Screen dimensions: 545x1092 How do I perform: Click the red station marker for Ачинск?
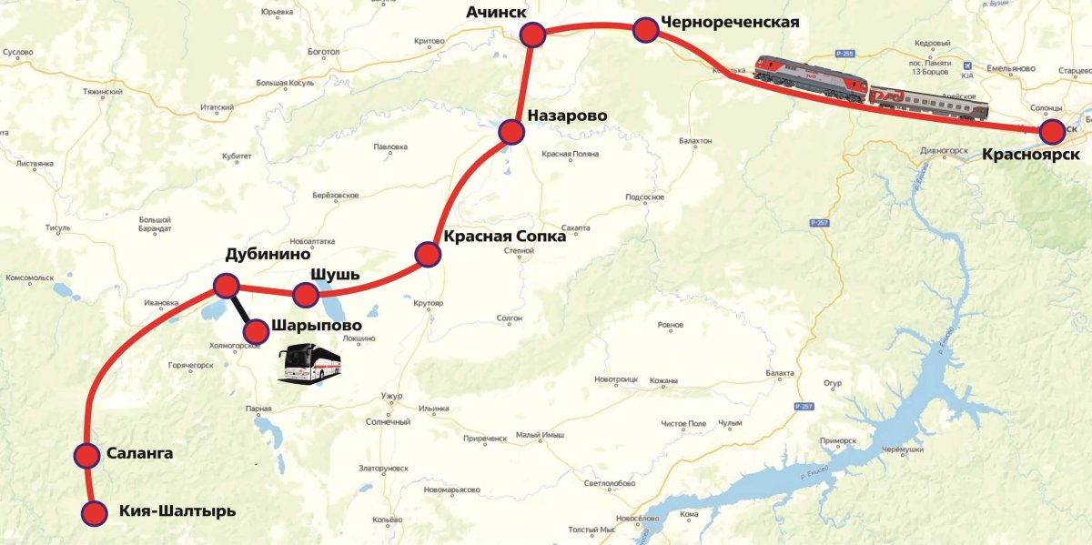[x=532, y=35]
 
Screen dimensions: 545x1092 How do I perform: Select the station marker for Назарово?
[x=511, y=133]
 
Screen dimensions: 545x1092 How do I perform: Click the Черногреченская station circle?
[x=645, y=30]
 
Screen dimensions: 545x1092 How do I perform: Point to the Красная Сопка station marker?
[x=427, y=254]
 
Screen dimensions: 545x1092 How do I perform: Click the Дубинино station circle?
[x=226, y=286]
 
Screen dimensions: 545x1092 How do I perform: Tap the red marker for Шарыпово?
[x=257, y=331]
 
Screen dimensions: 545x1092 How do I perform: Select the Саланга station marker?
[x=86, y=455]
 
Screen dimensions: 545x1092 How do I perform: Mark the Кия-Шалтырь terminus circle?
[x=94, y=513]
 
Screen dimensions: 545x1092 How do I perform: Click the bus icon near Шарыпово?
[x=310, y=361]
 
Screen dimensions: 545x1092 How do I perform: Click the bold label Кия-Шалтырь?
[x=177, y=511]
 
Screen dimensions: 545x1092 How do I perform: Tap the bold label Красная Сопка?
[x=504, y=237]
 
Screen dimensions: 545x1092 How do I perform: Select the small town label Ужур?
[x=393, y=397]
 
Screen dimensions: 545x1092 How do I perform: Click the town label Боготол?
[x=323, y=52]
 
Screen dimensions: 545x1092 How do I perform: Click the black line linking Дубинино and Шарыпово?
[x=241, y=308]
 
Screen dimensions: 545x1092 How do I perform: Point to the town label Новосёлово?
[x=637, y=519]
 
